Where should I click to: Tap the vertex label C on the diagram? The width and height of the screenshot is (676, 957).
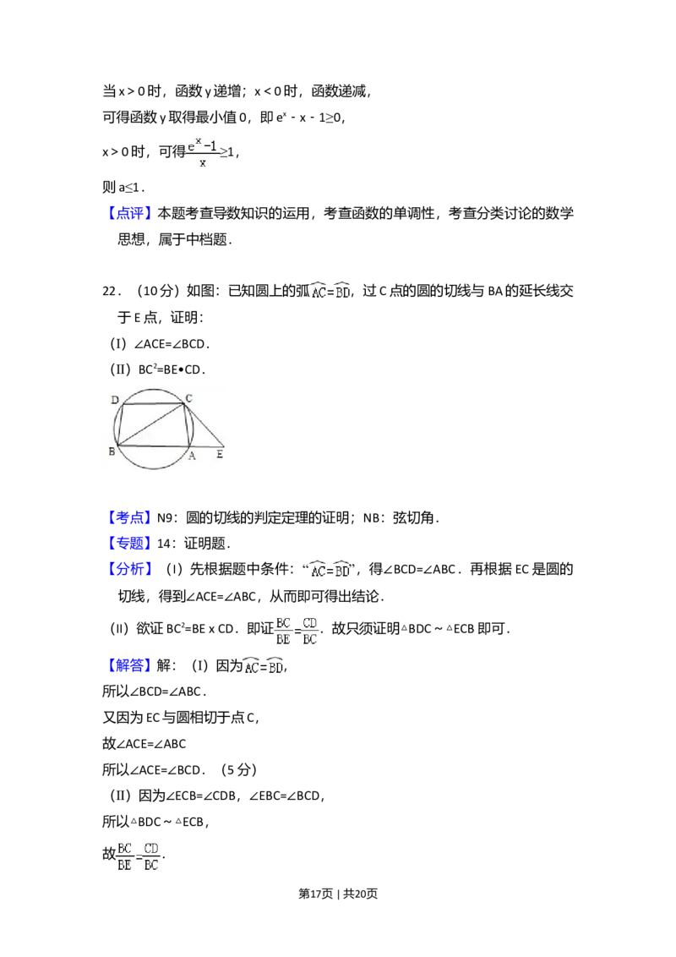tap(189, 397)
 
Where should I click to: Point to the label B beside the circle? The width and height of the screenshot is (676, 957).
tap(112, 452)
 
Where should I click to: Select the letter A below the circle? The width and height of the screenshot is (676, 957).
tap(192, 456)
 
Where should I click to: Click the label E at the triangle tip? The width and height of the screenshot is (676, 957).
tap(220, 455)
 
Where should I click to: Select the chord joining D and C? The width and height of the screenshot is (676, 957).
tap(153, 404)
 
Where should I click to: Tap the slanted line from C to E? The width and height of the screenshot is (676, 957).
tap(205, 425)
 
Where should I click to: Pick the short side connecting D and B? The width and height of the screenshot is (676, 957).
tap(120, 425)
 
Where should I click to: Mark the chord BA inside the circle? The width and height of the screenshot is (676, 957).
tap(155, 445)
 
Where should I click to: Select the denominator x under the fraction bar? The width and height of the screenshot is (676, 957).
tap(203, 163)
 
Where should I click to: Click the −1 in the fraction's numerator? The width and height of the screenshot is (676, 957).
tap(211, 146)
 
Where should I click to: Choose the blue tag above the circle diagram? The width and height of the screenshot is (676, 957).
tap(131, 213)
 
